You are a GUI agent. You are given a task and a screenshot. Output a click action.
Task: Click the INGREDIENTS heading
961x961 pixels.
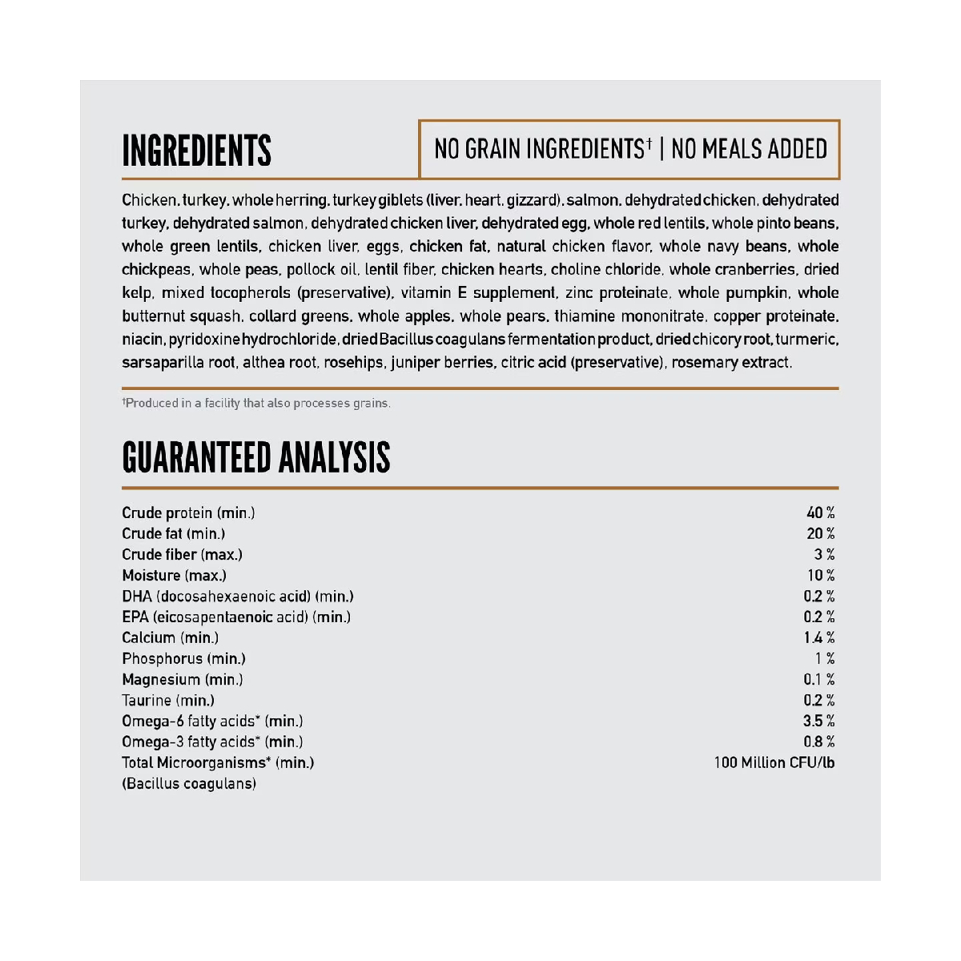click(x=196, y=151)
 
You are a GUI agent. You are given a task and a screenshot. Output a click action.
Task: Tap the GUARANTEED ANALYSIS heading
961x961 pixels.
click(x=255, y=457)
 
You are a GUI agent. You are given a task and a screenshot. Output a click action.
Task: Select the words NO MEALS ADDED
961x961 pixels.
click(x=749, y=149)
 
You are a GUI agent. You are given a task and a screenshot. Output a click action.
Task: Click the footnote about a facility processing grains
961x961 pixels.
click(x=256, y=403)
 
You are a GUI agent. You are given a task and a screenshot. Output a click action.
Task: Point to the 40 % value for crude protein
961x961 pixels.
click(x=820, y=513)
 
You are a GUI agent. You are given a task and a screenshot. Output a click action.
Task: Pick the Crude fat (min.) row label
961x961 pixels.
click(x=173, y=533)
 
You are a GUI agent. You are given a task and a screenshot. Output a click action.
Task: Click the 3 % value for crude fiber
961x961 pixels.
click(x=824, y=554)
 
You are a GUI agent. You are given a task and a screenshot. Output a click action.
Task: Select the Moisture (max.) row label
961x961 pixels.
click(x=174, y=575)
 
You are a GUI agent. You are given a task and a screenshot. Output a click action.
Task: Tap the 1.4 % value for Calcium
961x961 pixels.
click(x=818, y=637)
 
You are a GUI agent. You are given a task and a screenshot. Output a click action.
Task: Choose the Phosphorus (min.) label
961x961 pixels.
click(x=183, y=658)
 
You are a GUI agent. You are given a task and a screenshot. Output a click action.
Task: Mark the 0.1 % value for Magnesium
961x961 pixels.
click(x=818, y=679)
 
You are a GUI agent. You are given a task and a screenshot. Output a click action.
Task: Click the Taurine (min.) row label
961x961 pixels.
click(x=168, y=700)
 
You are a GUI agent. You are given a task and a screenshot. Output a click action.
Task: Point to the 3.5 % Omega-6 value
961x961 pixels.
click(x=818, y=721)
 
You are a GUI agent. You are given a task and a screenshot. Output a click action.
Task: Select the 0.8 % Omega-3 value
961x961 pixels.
click(x=818, y=742)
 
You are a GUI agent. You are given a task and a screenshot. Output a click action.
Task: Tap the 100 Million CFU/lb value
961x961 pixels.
click(x=774, y=762)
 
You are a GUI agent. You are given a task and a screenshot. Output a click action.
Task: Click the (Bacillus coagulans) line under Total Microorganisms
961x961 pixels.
click(x=189, y=783)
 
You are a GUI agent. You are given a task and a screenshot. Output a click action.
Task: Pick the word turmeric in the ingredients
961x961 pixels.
click(x=806, y=340)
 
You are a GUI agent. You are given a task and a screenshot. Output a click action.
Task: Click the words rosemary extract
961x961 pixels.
click(x=731, y=363)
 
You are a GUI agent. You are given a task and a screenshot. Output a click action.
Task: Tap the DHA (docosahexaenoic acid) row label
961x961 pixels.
click(x=237, y=596)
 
